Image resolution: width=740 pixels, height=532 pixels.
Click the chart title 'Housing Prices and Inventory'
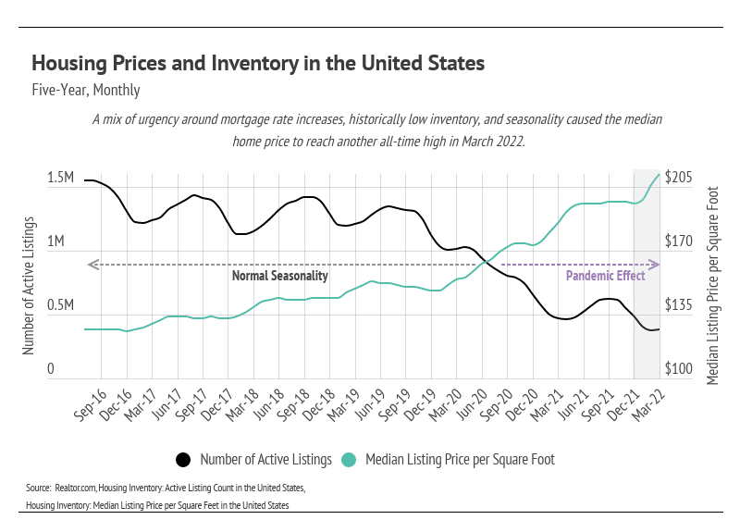tap(258, 64)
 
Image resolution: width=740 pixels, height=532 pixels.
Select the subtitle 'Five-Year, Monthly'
tap(85, 91)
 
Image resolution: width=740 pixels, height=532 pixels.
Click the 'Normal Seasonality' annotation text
tap(279, 276)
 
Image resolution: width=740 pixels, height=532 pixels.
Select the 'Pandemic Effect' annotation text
tap(605, 276)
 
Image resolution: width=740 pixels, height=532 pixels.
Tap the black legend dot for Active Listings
tap(183, 459)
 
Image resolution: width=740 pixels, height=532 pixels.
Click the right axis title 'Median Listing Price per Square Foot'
tap(712, 270)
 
